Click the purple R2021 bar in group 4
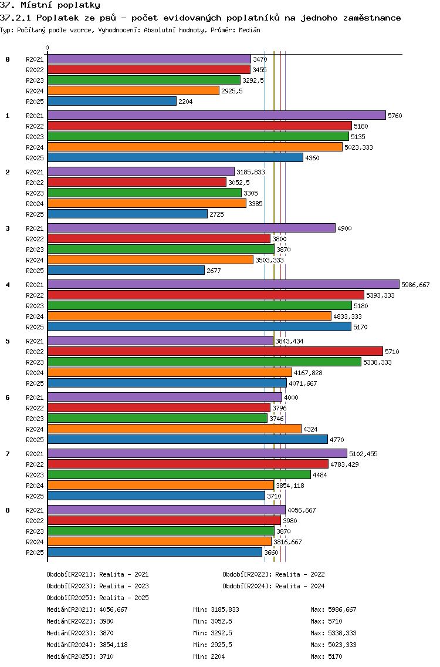(223, 285)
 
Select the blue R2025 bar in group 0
(112, 102)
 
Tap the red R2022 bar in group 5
(215, 352)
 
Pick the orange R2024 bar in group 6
(174, 429)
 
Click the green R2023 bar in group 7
(179, 475)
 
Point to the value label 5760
(395, 116)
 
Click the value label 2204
(185, 102)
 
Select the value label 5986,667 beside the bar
(415, 285)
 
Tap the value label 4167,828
(308, 373)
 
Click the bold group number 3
(8, 228)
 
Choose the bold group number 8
(8, 510)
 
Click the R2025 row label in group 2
(35, 214)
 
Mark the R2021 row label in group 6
(35, 397)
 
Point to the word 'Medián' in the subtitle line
(249, 29)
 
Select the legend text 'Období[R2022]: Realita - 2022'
(273, 574)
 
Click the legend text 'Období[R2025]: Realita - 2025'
(97, 598)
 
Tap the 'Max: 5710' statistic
(326, 621)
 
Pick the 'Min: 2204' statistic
(209, 656)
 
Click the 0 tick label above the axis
(48, 48)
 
